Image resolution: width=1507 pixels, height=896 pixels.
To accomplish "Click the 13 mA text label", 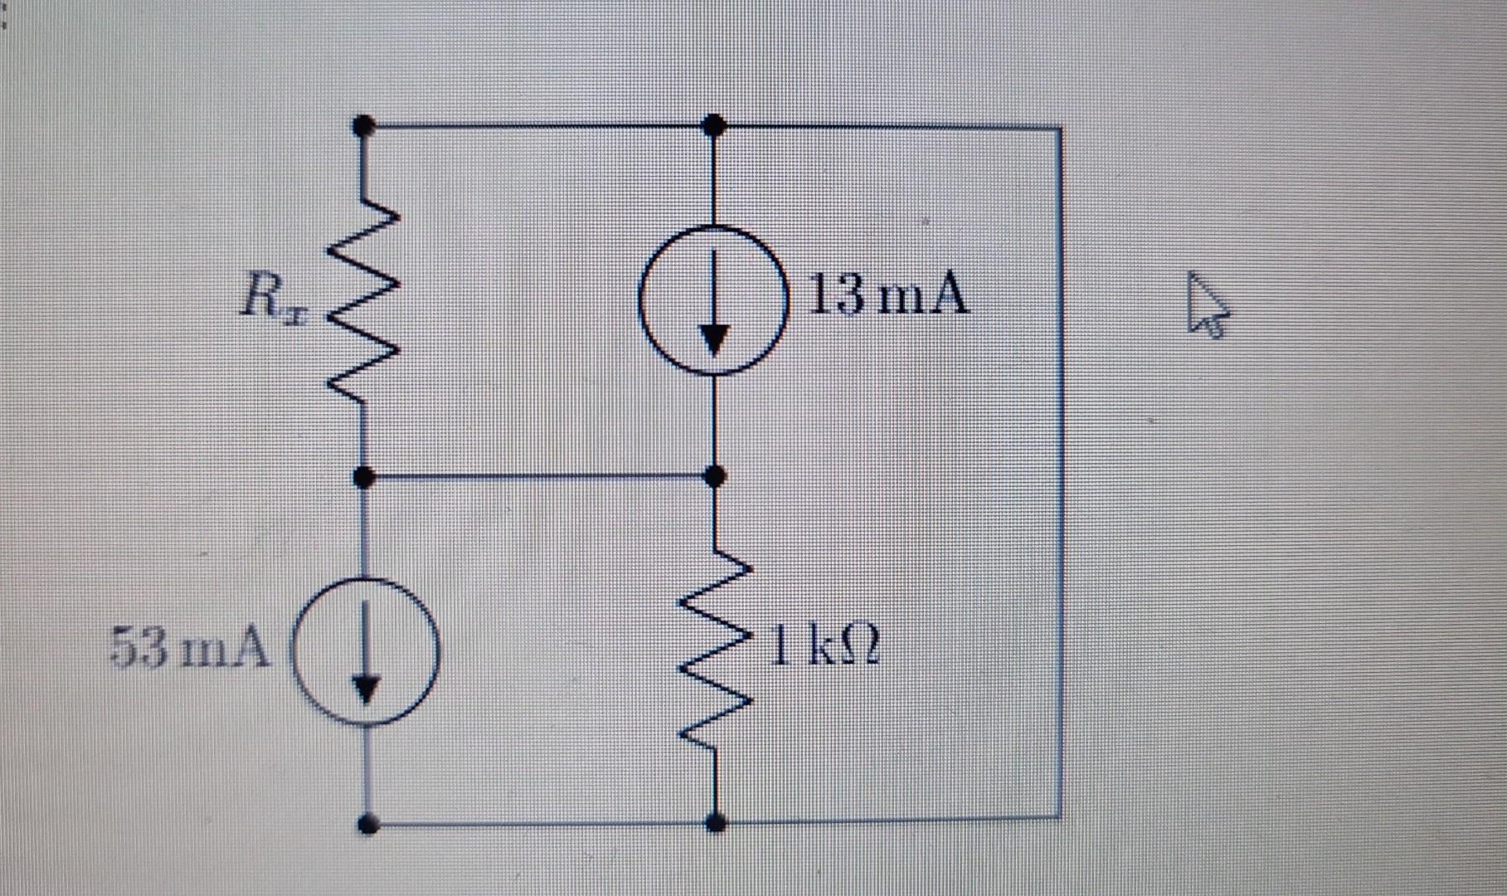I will (x=887, y=295).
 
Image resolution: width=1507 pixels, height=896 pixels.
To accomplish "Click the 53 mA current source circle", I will (x=366, y=651).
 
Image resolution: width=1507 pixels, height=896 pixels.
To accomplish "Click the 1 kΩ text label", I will (x=824, y=647).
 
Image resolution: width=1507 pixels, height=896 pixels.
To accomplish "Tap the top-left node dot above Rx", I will (x=362, y=126).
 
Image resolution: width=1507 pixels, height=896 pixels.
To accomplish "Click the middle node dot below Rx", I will (x=363, y=477).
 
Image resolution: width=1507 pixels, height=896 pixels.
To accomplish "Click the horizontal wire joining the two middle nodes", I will (x=539, y=477).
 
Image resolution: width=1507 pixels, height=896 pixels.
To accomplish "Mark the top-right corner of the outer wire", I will (x=1059, y=129).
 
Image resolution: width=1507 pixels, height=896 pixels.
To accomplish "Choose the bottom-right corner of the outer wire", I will (x=1059, y=817).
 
